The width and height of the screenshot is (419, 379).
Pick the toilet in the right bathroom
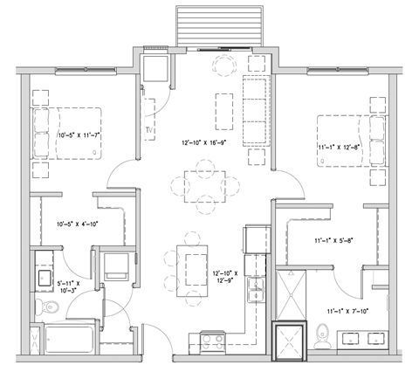point(323,337)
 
